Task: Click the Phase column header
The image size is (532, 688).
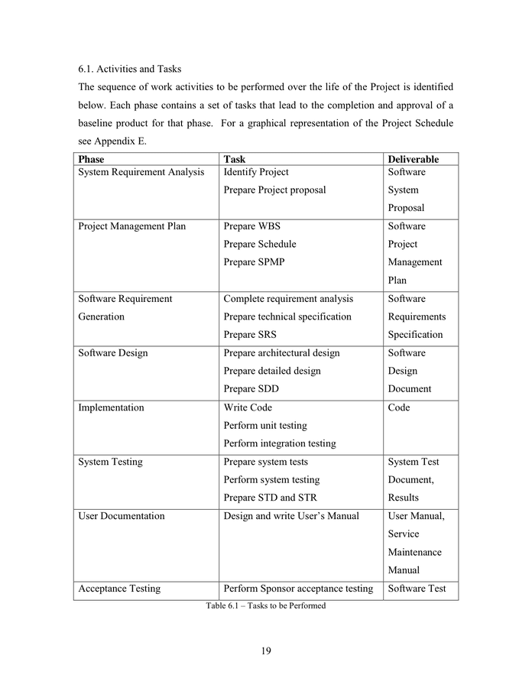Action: (x=91, y=159)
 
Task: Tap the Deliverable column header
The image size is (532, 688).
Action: (x=413, y=159)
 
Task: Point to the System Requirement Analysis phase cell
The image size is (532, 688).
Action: (x=141, y=172)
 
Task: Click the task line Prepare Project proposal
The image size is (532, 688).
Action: (x=274, y=190)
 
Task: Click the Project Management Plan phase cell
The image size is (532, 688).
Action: (x=131, y=226)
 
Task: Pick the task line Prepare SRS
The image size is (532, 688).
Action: (x=250, y=335)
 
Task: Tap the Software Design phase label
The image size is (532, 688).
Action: (x=112, y=353)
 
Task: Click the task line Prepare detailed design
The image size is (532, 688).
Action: (x=271, y=371)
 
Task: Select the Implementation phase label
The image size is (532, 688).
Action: (x=111, y=407)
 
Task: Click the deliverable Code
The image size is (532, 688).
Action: (x=398, y=407)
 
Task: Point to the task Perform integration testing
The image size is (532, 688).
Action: (x=279, y=443)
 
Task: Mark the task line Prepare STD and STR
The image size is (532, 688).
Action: (x=270, y=498)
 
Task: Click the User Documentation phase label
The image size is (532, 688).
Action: (x=121, y=516)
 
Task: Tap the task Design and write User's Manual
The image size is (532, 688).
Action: (x=290, y=516)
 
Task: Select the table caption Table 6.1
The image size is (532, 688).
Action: (x=265, y=605)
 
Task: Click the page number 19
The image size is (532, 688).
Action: (x=265, y=651)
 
